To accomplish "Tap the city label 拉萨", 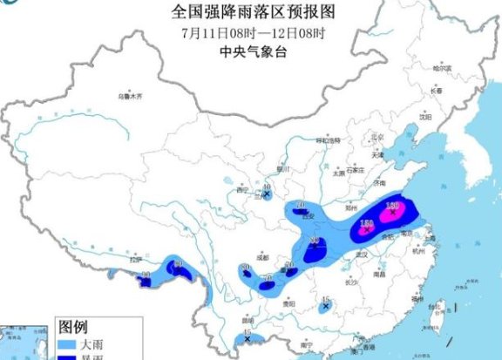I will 134,259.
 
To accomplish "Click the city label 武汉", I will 363,253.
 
